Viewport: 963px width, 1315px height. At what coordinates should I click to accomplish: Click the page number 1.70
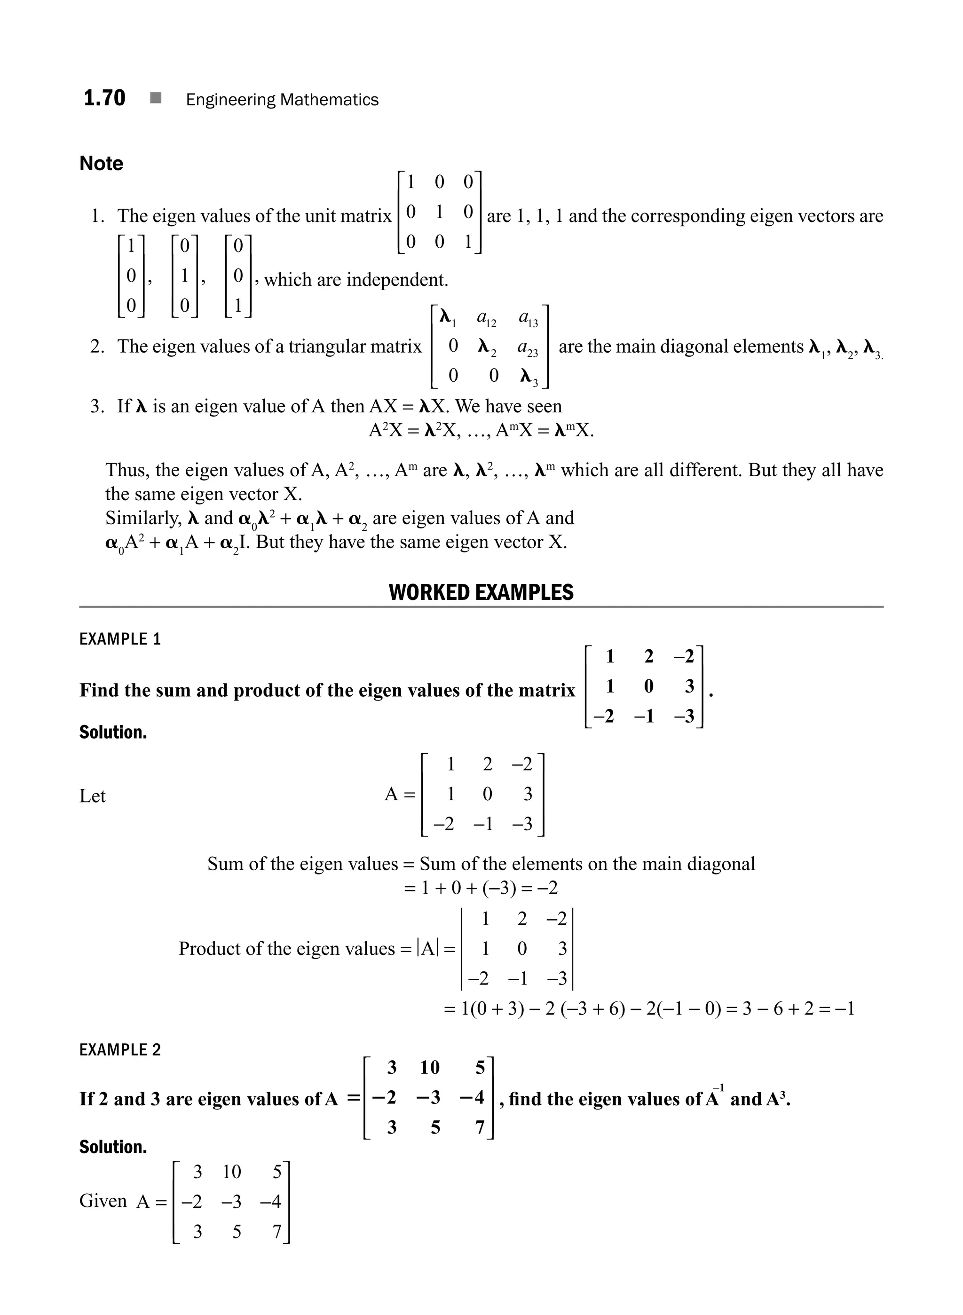pos(104,98)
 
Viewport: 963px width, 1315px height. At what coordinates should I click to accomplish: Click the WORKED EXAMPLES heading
pos(481,592)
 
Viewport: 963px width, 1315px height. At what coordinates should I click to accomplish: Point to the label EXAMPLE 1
pos(119,639)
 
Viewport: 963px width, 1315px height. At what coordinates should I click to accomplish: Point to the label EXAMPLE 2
pos(119,1050)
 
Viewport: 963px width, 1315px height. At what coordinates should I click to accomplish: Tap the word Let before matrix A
pos(92,796)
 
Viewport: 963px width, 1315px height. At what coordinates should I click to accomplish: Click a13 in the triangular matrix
pos(528,319)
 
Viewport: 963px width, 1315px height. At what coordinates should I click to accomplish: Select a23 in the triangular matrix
pos(528,348)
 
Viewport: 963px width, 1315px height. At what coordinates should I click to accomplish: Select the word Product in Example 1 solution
pos(202,948)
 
